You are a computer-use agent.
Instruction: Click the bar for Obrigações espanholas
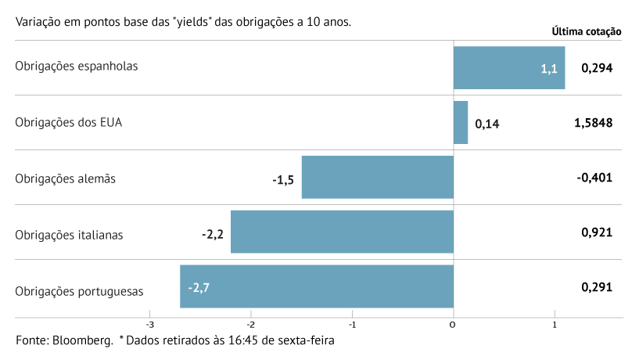(x=509, y=67)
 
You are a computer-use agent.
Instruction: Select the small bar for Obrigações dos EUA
(x=461, y=122)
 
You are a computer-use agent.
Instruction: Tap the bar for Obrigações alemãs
(x=378, y=177)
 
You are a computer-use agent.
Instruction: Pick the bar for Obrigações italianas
(x=342, y=232)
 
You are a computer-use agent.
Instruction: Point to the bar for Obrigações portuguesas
(x=317, y=286)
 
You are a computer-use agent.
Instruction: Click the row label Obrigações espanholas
(x=77, y=66)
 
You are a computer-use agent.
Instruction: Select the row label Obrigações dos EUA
(x=69, y=122)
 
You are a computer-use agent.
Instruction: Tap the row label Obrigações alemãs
(x=66, y=178)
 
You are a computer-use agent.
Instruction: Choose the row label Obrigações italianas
(x=70, y=234)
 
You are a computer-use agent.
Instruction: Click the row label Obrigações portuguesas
(x=80, y=290)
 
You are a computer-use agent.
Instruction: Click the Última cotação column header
(x=587, y=32)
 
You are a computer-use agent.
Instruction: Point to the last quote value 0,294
(x=597, y=68)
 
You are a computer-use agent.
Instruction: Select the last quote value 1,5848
(x=593, y=123)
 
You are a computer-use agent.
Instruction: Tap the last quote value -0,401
(x=594, y=178)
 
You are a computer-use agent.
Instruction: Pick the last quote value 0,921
(x=597, y=232)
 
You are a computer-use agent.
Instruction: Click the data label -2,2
(x=214, y=233)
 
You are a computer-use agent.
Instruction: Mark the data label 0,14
(x=486, y=124)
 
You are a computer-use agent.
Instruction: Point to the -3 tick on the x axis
(x=149, y=324)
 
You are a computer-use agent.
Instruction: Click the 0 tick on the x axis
(x=454, y=324)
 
